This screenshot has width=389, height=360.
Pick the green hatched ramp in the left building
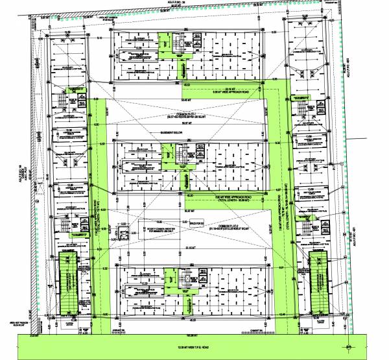[x=67, y=283]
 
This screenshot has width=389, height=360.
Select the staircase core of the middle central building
[x=180, y=156]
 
